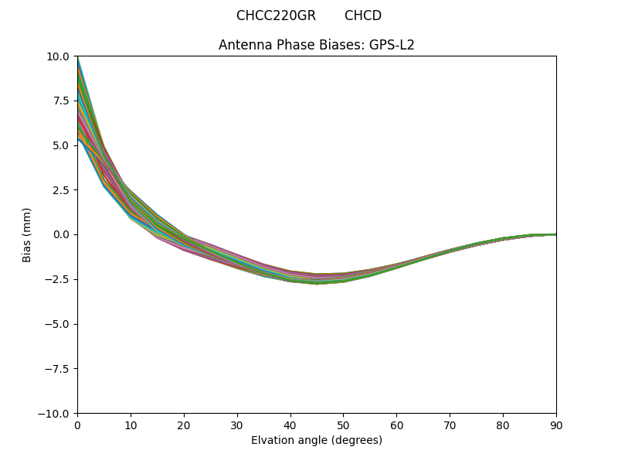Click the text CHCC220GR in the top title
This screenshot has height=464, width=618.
(276, 15)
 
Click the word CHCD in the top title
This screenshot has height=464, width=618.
(363, 15)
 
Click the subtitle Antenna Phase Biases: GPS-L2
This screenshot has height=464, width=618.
(317, 45)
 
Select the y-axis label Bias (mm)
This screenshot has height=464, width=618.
(27, 234)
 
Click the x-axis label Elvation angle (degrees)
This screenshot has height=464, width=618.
(317, 440)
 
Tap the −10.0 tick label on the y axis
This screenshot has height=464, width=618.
(56, 413)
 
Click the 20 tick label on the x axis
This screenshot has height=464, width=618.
(184, 425)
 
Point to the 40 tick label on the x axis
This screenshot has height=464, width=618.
(290, 425)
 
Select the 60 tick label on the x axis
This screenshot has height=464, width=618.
(396, 425)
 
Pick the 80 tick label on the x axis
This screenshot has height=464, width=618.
(503, 425)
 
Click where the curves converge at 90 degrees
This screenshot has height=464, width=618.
(555, 234)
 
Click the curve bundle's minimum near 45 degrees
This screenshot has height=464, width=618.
(317, 279)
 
